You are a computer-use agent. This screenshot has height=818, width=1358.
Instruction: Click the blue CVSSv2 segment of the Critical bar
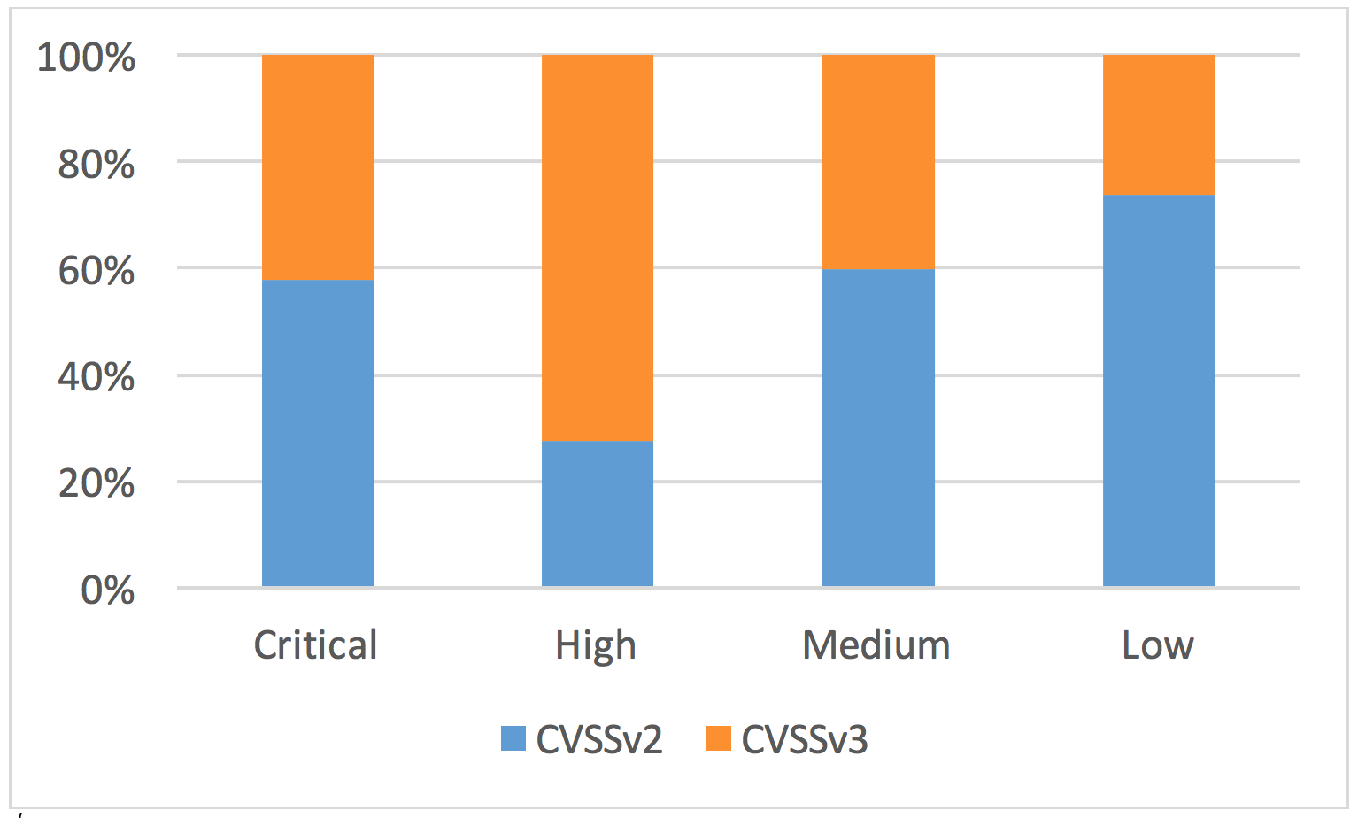coord(318,433)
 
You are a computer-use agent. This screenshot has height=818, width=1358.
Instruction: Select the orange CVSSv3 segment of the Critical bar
coord(318,167)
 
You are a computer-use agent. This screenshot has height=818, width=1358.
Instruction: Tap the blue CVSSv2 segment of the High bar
coord(598,513)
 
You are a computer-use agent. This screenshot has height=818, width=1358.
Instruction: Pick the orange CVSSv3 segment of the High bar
coord(598,248)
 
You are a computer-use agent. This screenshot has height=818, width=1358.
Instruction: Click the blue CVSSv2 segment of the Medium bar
coord(878,428)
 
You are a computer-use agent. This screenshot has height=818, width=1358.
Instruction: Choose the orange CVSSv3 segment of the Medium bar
coord(878,162)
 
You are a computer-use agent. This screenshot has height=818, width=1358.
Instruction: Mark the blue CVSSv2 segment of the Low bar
coord(1158,390)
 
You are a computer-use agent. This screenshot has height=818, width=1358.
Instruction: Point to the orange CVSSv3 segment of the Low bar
coord(1158,125)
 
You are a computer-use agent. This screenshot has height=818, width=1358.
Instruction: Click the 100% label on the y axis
coord(86,58)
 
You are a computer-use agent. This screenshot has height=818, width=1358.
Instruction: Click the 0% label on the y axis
coord(107,590)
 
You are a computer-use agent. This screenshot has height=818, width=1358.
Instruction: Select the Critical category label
coord(316,645)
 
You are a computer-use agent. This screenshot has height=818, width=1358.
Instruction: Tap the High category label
coord(596,646)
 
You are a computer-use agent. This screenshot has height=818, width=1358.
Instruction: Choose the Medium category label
coord(876,645)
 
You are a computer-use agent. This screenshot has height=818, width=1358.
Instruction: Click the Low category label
coord(1157,645)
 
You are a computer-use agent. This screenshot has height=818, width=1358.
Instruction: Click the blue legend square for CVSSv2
coord(513,738)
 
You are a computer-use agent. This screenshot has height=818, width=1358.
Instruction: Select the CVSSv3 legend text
coord(805,739)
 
